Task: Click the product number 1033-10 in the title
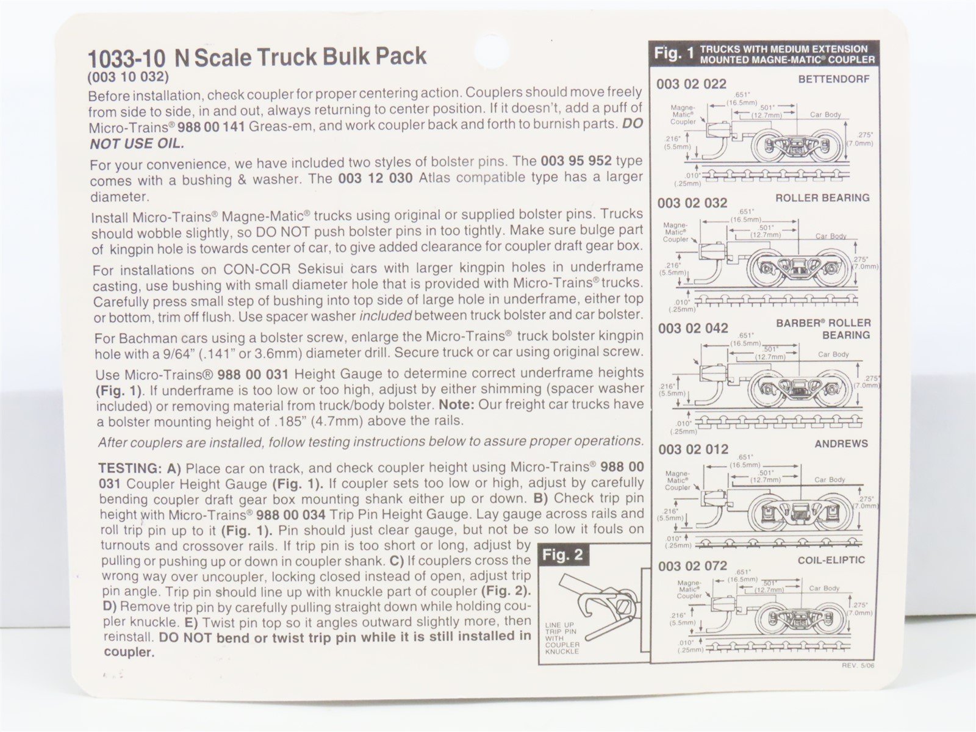click(x=127, y=58)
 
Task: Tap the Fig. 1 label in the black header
click(x=673, y=53)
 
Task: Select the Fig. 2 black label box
click(x=564, y=555)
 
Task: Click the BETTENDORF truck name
click(x=833, y=79)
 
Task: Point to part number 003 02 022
click(x=691, y=84)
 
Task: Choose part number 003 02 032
click(x=692, y=203)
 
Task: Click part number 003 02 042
click(x=693, y=328)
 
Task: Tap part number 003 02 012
click(x=694, y=450)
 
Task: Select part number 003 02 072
click(x=693, y=566)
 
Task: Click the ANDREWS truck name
click(x=841, y=443)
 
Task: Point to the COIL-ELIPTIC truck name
click(x=831, y=560)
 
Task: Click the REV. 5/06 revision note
click(x=858, y=666)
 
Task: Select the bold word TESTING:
click(x=131, y=468)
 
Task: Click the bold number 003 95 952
click(x=576, y=160)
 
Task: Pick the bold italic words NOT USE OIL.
click(x=137, y=143)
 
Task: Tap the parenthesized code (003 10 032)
click(x=128, y=77)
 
